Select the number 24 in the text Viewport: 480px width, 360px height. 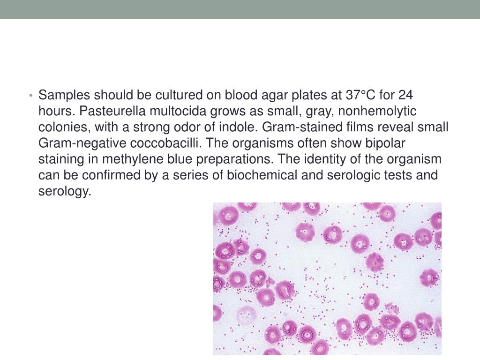pos(406,95)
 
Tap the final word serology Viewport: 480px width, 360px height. pos(64,191)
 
